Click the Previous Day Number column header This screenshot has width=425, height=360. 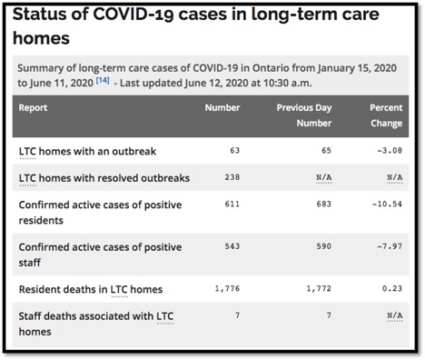pyautogui.click(x=307, y=114)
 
